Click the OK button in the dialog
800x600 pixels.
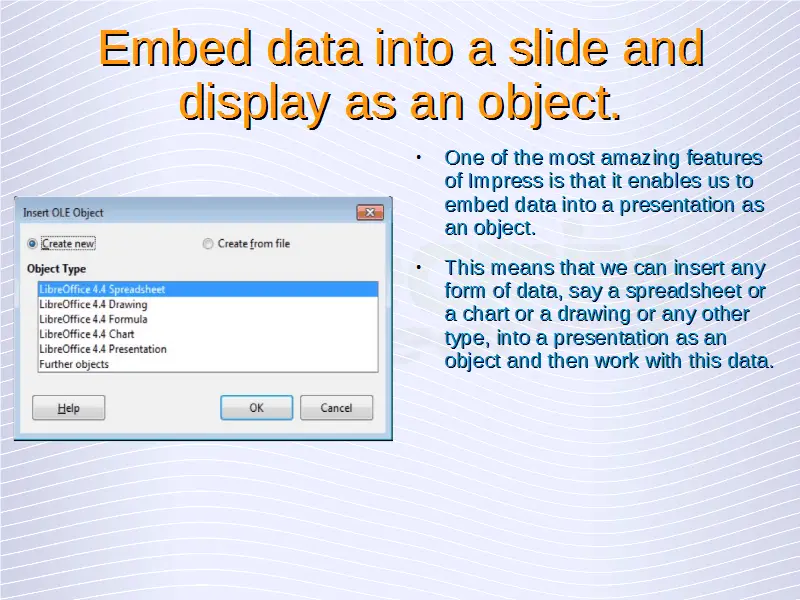[257, 408]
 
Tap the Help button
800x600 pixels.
[68, 408]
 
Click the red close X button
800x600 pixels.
[370, 212]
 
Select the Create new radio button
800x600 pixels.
[32, 244]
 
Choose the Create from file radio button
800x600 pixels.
[208, 244]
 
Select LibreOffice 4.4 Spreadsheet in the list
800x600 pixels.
[102, 289]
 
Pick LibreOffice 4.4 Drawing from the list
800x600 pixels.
[93, 305]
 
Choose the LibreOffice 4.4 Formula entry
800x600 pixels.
[93, 319]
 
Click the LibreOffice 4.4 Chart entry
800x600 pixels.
[87, 334]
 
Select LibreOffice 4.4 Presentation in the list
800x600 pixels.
[103, 349]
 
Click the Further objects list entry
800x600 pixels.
[74, 364]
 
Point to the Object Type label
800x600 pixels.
[56, 269]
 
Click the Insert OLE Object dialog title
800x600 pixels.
[63, 213]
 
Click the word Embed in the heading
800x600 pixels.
[175, 48]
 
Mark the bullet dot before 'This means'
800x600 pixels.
[418, 267]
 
